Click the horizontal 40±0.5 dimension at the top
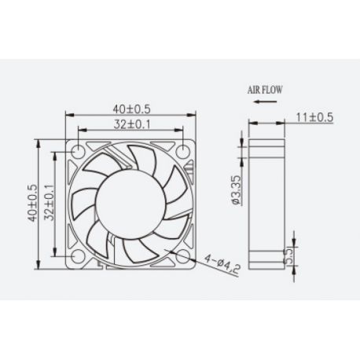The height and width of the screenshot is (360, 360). [x=130, y=108]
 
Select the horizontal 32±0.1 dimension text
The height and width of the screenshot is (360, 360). [x=130, y=123]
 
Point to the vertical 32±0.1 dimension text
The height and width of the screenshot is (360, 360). [x=49, y=203]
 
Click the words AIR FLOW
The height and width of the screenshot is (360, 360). [x=265, y=90]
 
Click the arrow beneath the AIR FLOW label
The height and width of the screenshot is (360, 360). [x=264, y=103]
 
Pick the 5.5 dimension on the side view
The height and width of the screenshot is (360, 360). [x=288, y=255]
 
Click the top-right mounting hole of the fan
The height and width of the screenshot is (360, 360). [x=182, y=151]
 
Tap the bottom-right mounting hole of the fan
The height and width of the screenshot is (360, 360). [x=182, y=255]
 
